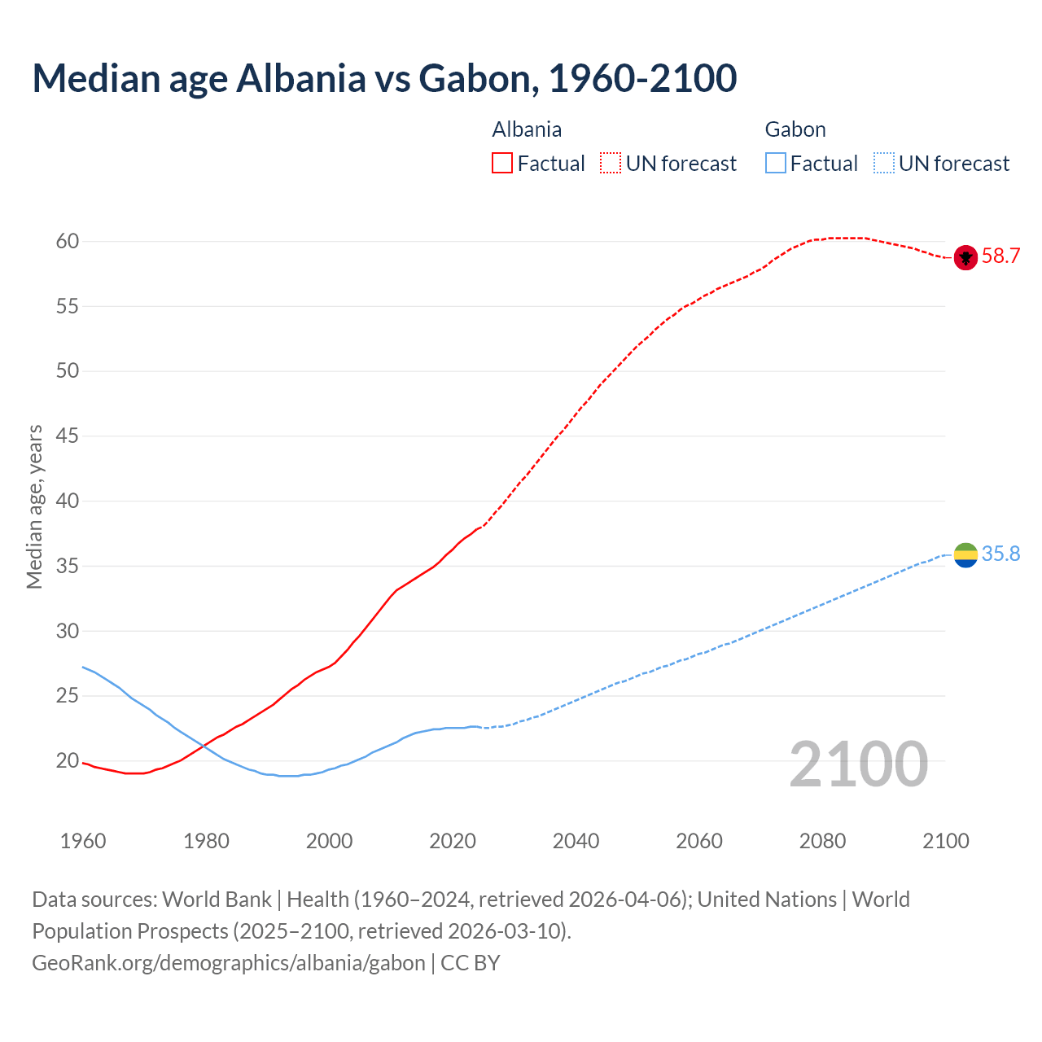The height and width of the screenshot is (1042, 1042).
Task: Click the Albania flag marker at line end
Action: pyautogui.click(x=965, y=256)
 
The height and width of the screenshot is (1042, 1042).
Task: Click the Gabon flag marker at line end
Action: pyautogui.click(x=965, y=554)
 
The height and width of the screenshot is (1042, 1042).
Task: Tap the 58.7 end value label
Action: pyautogui.click(x=1000, y=256)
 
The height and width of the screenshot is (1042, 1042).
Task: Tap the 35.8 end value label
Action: pyautogui.click(x=1000, y=554)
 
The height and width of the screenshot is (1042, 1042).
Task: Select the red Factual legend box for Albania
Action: pyautogui.click(x=502, y=164)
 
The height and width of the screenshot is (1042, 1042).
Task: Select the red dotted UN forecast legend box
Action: pyautogui.click(x=611, y=164)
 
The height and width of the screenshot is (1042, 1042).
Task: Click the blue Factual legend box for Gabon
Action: pyautogui.click(x=776, y=164)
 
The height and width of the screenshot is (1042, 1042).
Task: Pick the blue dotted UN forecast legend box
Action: pyautogui.click(x=884, y=164)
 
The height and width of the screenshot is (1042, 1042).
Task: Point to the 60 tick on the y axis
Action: pyautogui.click(x=68, y=241)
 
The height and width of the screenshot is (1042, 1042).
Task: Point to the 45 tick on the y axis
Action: pyautogui.click(x=68, y=436)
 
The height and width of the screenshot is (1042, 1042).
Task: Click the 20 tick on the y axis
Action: pyautogui.click(x=68, y=761)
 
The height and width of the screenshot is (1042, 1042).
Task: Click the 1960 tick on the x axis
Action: pyautogui.click(x=83, y=841)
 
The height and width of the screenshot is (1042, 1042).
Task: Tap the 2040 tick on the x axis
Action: pyautogui.click(x=576, y=841)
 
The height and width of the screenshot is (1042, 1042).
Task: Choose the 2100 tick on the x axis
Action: pyautogui.click(x=945, y=841)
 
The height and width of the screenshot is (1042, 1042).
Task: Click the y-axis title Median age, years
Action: pyautogui.click(x=34, y=506)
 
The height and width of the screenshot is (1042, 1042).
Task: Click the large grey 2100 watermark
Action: pyautogui.click(x=858, y=764)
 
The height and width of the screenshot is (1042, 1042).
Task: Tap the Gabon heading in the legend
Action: pyautogui.click(x=795, y=129)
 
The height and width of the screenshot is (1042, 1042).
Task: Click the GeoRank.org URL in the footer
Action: pyautogui.click(x=229, y=963)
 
